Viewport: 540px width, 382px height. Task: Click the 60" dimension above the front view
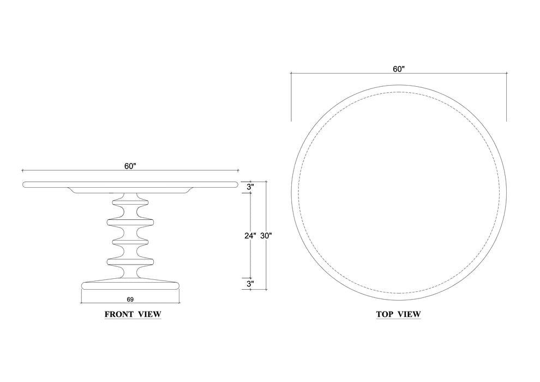pos(129,166)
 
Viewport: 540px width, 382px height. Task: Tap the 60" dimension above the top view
pos(399,69)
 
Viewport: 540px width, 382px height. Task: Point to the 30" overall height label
pos(266,236)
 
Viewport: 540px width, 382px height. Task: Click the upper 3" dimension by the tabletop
pos(250,187)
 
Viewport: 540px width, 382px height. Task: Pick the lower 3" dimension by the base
pos(250,284)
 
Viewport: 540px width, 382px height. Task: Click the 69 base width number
pos(130,299)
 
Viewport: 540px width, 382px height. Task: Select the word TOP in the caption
pos(385,314)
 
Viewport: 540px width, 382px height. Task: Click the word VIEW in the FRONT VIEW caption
pos(149,314)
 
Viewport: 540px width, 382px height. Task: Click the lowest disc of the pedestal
pos(130,259)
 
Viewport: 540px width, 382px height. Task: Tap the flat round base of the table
pos(130,284)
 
